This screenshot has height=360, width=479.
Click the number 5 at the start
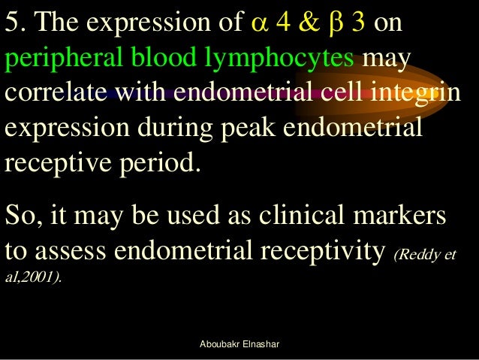13,25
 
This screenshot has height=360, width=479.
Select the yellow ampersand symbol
308,25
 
